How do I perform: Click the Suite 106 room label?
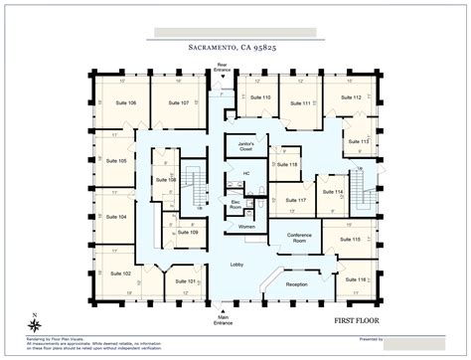(124, 102)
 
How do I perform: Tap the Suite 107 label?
(178, 102)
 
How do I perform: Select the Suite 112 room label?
(350, 97)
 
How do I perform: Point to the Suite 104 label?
(116, 216)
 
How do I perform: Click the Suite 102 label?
(120, 272)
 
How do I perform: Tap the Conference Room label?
(299, 237)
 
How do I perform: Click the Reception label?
(296, 283)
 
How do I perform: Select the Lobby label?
(236, 265)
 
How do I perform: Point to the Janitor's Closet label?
(246, 146)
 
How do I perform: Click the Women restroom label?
(246, 228)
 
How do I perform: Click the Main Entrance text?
(223, 320)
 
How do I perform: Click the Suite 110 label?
(259, 97)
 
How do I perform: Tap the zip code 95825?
(269, 46)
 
